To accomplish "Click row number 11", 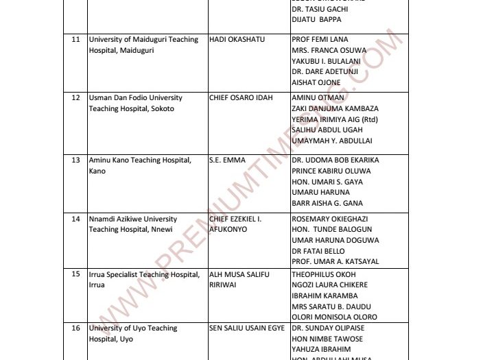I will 76,40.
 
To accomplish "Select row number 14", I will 76,219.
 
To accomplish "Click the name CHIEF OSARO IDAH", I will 241,98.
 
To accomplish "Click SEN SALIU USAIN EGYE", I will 246,328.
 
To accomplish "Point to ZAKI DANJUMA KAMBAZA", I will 335,109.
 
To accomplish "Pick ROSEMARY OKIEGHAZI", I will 331,219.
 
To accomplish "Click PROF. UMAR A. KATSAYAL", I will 335,261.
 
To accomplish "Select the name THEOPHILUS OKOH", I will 323,274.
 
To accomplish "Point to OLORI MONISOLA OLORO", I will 334,317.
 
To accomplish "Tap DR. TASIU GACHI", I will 316,8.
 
